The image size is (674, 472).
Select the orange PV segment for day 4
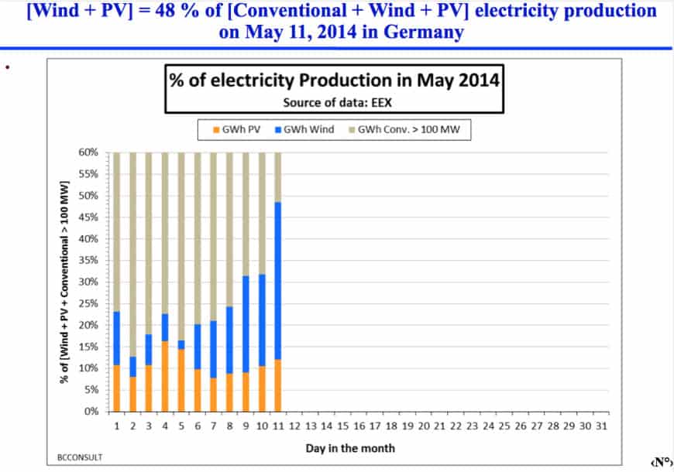pos(165,376)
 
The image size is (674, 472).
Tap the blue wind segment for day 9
pos(246,324)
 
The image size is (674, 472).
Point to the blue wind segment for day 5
pos(181,344)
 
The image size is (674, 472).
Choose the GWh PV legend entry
pos(239,129)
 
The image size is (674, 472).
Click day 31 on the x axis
pos(601,426)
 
